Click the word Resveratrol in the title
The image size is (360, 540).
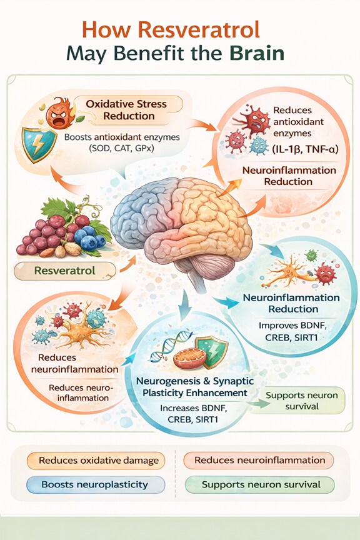199,29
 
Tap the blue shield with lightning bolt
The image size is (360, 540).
39,144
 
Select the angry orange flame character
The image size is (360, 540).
58,114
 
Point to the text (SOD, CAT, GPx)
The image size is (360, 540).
122,148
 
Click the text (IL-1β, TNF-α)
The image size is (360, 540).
305,149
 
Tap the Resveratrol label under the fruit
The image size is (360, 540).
65,271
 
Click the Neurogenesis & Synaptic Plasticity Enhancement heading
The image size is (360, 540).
195,387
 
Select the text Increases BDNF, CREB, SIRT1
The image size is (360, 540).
193,414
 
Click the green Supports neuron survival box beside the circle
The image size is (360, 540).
302,401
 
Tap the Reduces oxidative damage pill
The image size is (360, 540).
96,461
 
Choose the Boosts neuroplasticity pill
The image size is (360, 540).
96,484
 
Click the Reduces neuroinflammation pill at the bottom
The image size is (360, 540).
259,461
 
